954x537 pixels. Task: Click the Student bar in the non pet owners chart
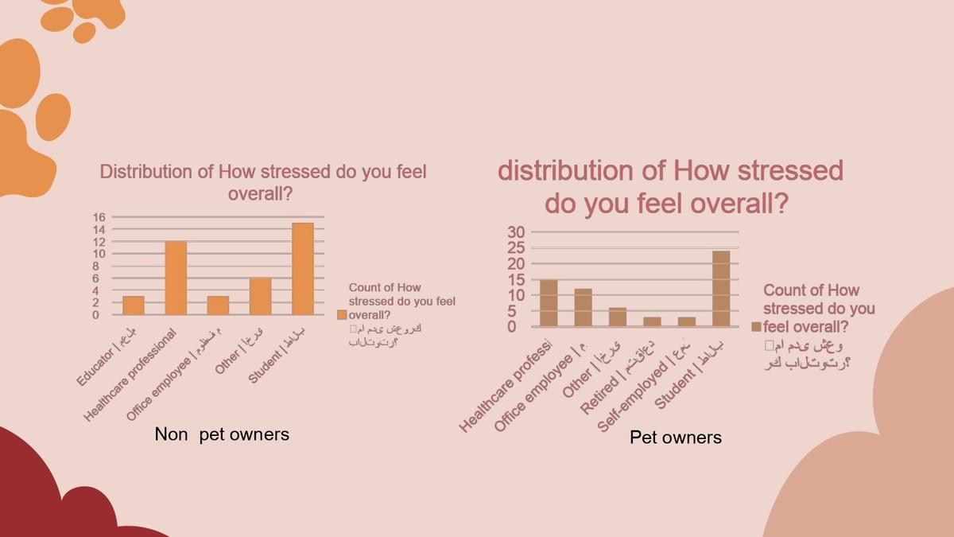303,269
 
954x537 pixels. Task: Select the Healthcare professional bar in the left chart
176,278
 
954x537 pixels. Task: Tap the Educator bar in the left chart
133,305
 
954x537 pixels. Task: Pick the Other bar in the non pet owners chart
260,296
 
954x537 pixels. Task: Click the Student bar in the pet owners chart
721,289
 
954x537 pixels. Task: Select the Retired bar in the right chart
652,321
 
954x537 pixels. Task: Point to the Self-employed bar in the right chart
687,321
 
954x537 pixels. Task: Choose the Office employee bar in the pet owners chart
583,308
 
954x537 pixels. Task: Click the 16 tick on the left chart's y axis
99,217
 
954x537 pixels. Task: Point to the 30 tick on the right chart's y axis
517,232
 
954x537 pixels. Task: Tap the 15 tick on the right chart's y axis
517,279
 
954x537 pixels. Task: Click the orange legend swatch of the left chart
342,314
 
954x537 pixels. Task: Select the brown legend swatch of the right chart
756,326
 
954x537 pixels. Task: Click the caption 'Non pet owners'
222,434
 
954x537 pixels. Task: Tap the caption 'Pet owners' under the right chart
676,438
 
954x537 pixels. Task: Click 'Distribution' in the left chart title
145,172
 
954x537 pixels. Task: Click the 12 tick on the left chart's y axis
99,242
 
